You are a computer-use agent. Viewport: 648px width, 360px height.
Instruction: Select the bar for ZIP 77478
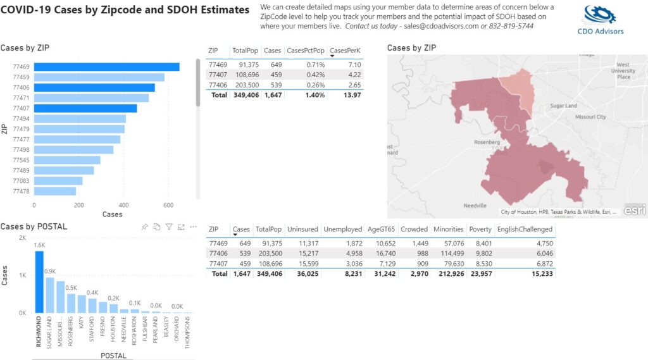(x=55, y=191)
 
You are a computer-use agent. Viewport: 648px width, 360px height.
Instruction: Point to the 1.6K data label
(x=39, y=245)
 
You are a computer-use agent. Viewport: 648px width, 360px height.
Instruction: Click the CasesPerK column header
(x=346, y=51)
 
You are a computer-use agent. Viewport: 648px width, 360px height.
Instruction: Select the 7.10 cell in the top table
(x=354, y=65)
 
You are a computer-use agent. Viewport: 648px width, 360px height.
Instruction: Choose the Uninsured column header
(x=302, y=229)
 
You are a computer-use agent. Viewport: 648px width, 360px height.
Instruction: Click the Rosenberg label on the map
(x=488, y=142)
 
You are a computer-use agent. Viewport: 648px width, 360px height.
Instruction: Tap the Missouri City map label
(x=590, y=117)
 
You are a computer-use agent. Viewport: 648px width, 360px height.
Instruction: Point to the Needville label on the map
(x=474, y=206)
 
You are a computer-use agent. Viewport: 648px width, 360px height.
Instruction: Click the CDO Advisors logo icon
(x=600, y=15)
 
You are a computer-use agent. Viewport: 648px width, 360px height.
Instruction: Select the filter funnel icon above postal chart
(x=169, y=227)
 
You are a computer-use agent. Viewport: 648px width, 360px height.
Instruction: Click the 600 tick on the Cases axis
(x=168, y=205)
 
